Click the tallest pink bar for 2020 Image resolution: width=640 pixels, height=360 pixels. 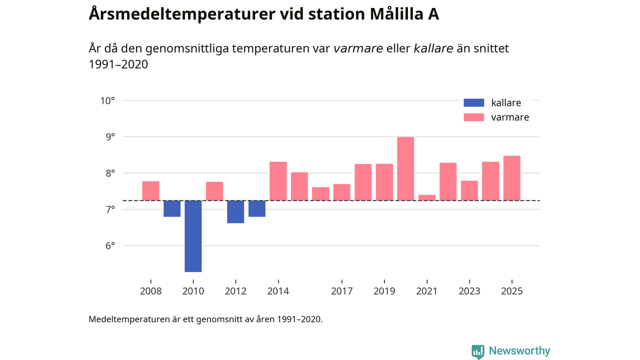pos(405,168)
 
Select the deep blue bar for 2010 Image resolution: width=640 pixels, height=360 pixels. pos(193,236)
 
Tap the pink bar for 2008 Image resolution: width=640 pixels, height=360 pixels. pos(150,190)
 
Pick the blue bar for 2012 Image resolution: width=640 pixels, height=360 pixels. pos(235,211)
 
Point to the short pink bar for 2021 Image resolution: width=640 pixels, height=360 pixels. pos(427,197)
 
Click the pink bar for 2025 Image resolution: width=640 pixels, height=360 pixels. pos(511,178)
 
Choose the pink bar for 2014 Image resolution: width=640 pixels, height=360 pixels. pos(278,181)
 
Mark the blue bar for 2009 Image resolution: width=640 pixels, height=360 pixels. pos(172,208)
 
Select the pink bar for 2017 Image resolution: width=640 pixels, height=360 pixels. pos(342,192)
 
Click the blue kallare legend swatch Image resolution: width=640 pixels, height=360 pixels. pos(474,103)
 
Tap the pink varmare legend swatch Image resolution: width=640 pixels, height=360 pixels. pos(474,117)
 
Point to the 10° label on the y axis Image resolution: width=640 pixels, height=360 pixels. pos(107,100)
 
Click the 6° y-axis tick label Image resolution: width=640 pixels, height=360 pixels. pos(109,245)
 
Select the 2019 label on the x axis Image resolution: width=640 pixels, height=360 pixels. pos(384,291)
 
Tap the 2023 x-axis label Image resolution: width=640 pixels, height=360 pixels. pos(469,291)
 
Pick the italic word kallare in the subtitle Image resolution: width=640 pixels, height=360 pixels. pos(433,48)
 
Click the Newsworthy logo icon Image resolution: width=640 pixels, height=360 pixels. pos(478,351)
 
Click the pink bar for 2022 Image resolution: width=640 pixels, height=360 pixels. pos(448,181)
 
